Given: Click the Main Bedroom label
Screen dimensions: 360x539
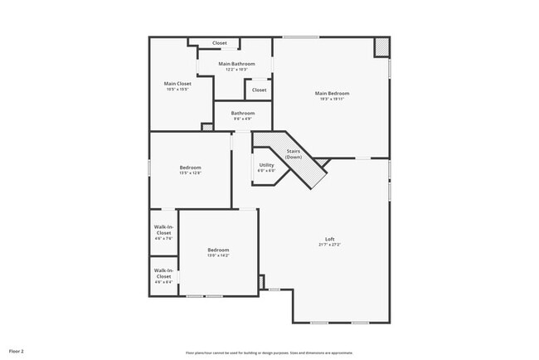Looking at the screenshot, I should tap(329, 94).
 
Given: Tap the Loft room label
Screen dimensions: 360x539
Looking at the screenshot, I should tap(329, 239).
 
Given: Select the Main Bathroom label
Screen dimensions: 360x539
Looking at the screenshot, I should tap(236, 64).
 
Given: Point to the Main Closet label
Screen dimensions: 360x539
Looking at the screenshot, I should tap(177, 83).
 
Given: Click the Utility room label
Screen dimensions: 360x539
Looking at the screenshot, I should tap(266, 165).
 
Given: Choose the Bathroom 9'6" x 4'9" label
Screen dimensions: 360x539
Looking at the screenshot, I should tap(243, 113).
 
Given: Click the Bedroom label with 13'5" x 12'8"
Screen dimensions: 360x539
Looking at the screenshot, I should tap(191, 168).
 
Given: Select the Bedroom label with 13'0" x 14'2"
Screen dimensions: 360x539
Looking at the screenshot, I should tap(218, 250).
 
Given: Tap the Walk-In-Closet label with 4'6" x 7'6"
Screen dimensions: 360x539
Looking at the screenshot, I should tap(163, 230).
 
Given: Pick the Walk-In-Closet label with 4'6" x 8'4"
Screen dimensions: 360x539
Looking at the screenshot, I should tap(163, 273).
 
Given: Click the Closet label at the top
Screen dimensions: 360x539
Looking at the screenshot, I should tap(220, 43).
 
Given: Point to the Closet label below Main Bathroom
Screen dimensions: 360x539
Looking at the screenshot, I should tap(260, 90).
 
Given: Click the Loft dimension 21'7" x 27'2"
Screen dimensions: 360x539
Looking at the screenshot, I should tap(329, 246).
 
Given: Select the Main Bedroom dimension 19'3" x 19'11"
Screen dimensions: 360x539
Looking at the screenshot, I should tap(329, 100).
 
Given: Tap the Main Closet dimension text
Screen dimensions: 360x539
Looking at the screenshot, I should tap(177, 90).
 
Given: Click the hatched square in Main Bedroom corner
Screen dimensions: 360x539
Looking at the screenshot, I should tap(381, 47).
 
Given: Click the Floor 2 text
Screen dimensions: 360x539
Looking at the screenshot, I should tap(17, 352).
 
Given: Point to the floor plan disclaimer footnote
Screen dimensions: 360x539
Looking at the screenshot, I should tap(269, 353).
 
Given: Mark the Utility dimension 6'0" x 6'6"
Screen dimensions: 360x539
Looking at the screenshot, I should tap(266, 171).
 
